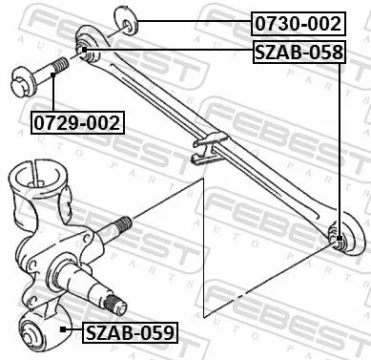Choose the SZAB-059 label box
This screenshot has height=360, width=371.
point(130,332)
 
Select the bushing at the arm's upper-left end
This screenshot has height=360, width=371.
point(84,50)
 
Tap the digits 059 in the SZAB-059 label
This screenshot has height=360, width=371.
point(157,332)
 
